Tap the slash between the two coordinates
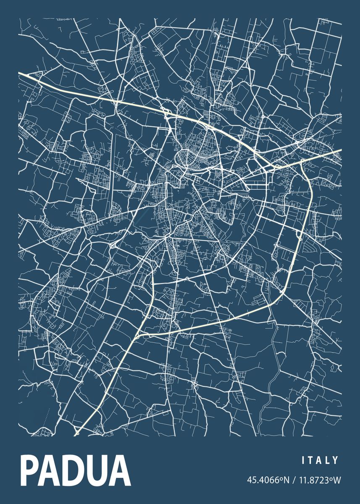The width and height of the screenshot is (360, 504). click(x=292, y=479)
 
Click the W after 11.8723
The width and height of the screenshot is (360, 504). click(x=336, y=479)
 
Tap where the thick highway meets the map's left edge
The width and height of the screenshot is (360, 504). click(x=19, y=73)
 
